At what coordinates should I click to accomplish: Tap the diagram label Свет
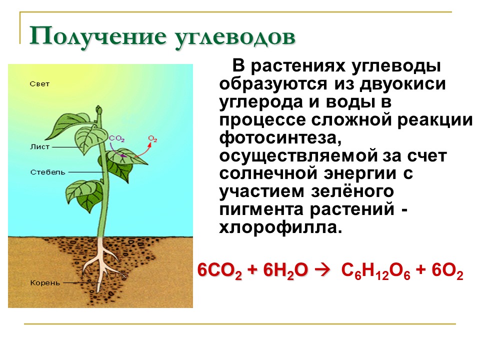pos(39,84)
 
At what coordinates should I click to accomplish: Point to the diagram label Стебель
pos(47,171)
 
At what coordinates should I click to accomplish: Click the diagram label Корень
pos(45,282)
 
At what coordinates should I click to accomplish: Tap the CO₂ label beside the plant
pos(116,138)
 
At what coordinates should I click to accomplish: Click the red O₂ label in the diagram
pos(153,138)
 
